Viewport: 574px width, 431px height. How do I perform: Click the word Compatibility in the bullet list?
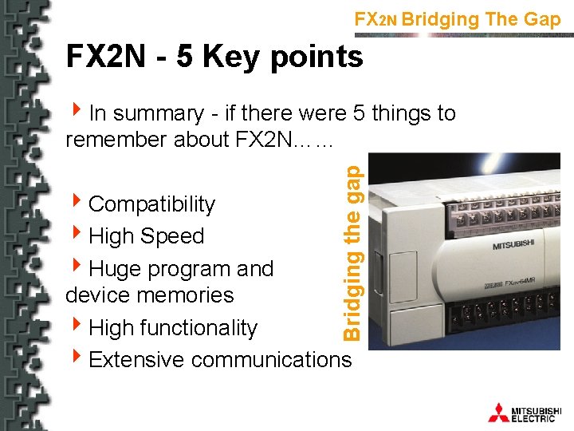tap(151, 204)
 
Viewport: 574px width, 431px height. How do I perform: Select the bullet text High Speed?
tap(146, 236)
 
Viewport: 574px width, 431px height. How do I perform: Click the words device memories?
tap(150, 295)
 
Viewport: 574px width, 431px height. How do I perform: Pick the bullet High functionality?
tap(173, 328)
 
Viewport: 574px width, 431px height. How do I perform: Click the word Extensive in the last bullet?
tap(137, 360)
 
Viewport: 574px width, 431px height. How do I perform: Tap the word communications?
tap(271, 360)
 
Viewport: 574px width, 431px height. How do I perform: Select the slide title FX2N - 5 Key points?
tap(214, 57)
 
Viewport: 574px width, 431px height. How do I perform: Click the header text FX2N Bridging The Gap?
tap(458, 19)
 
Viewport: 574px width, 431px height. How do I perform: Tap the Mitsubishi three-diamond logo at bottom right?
tap(498, 412)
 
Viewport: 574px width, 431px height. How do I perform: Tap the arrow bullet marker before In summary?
tap(77, 113)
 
